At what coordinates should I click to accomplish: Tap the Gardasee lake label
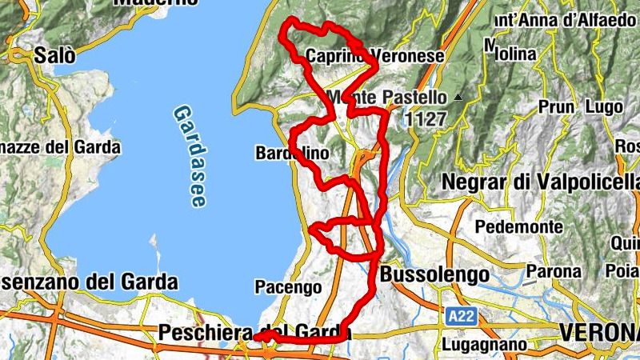pyautogui.click(x=189, y=157)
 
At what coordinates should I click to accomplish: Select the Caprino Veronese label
pyautogui.click(x=374, y=57)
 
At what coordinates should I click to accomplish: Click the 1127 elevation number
pyautogui.click(x=425, y=118)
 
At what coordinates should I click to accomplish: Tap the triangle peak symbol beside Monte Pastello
pyautogui.click(x=458, y=98)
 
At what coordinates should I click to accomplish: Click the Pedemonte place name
pyautogui.click(x=518, y=226)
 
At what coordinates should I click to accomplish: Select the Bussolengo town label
pyautogui.click(x=434, y=274)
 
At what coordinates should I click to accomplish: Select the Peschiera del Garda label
pyautogui.click(x=255, y=331)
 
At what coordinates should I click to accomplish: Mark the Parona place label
pyautogui.click(x=553, y=271)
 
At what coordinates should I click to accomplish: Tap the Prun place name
pyautogui.click(x=557, y=106)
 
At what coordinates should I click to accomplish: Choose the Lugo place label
pyautogui.click(x=604, y=106)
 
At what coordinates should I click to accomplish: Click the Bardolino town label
pyautogui.click(x=292, y=152)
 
